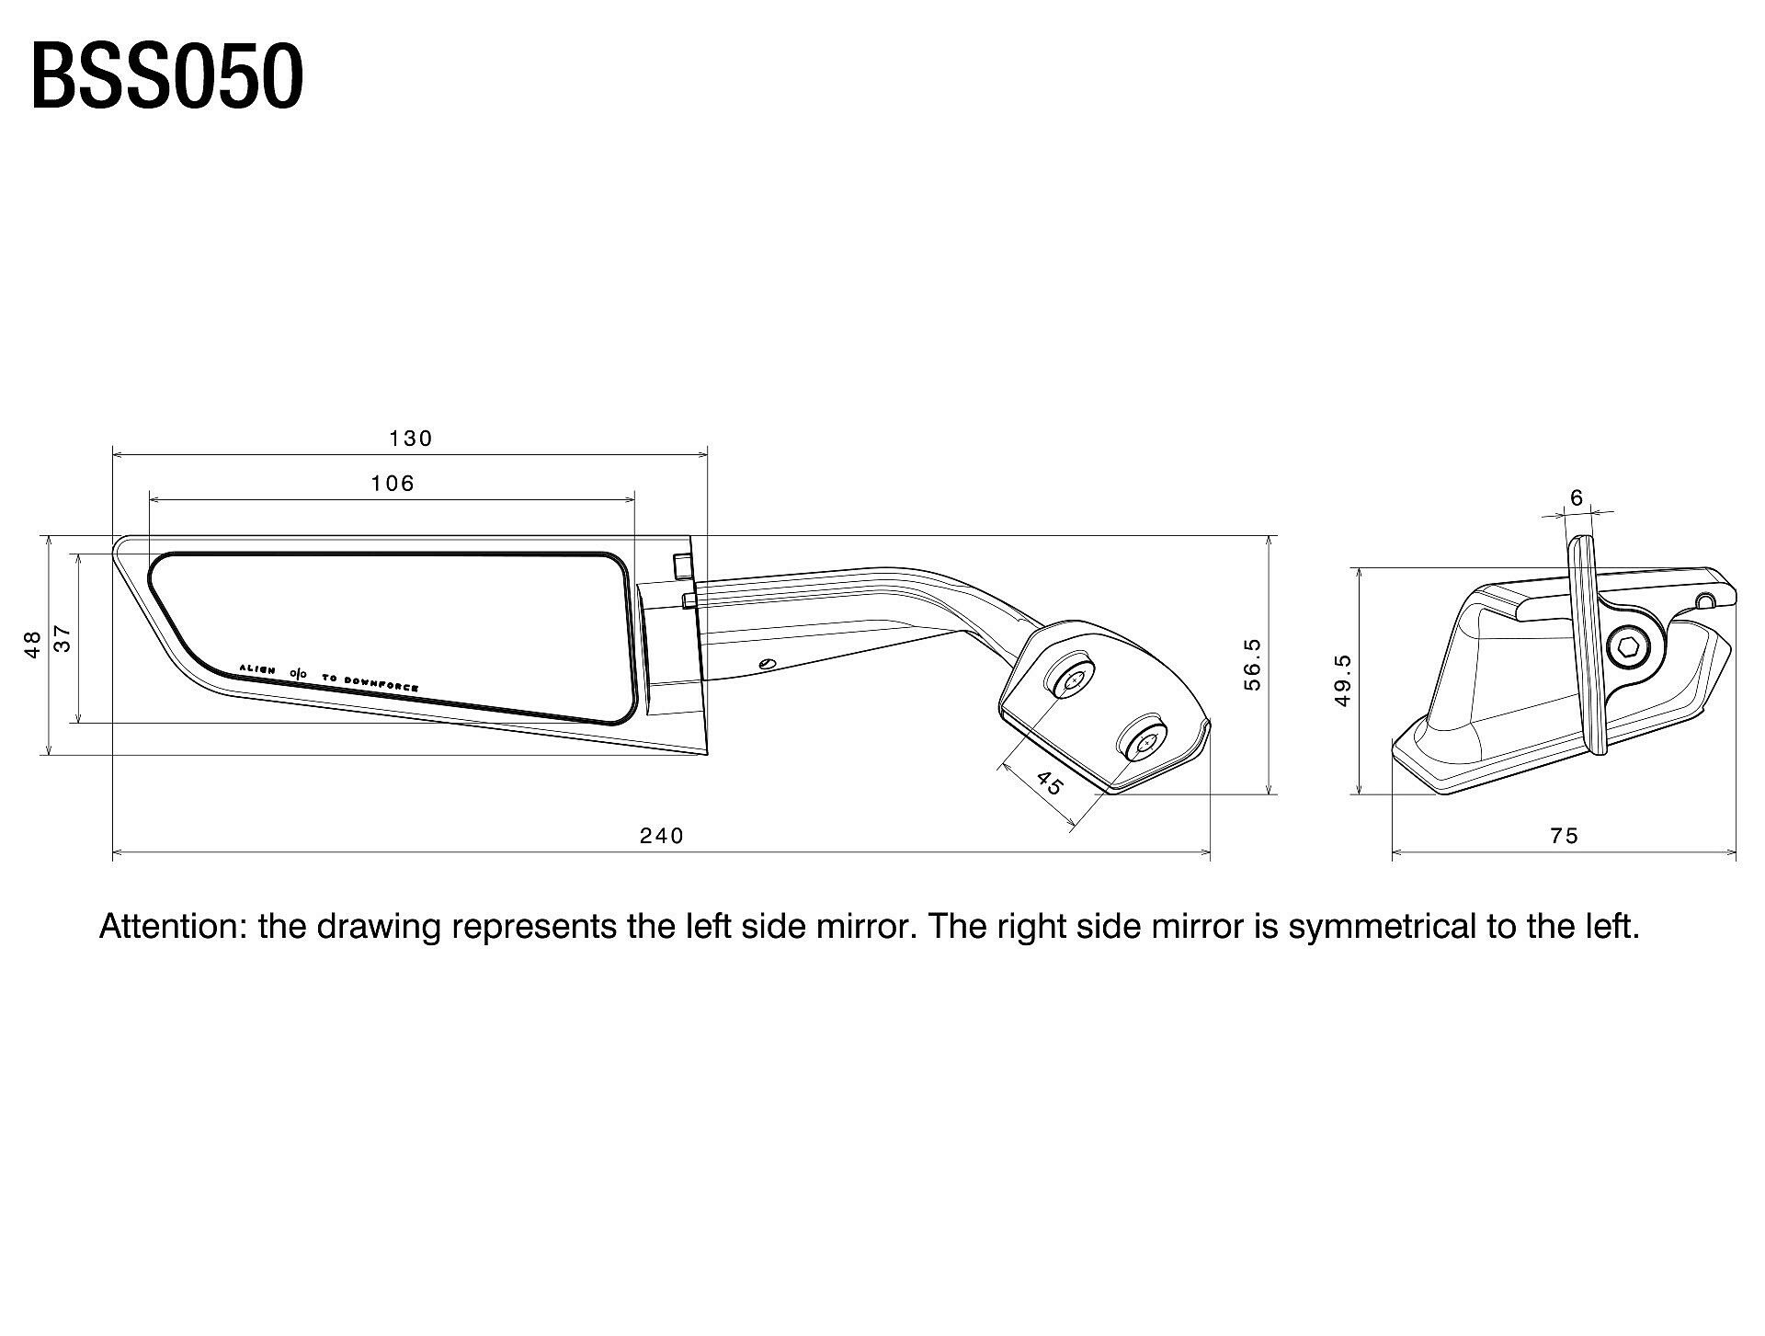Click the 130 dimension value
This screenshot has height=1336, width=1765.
410,439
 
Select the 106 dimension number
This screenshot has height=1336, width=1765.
393,484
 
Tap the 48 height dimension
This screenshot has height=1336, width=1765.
33,643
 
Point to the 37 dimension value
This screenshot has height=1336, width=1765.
63,639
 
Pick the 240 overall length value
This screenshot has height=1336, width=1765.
662,836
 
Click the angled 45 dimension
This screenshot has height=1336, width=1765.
1049,784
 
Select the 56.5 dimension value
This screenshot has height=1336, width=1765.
1251,664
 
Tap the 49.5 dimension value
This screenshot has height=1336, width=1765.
1343,680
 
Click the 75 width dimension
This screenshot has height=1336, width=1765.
1564,836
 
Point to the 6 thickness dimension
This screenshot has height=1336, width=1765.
1577,498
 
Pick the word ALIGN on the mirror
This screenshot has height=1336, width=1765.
256,668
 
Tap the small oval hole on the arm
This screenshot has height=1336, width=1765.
768,663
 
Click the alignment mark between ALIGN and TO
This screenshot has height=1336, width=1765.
299,673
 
